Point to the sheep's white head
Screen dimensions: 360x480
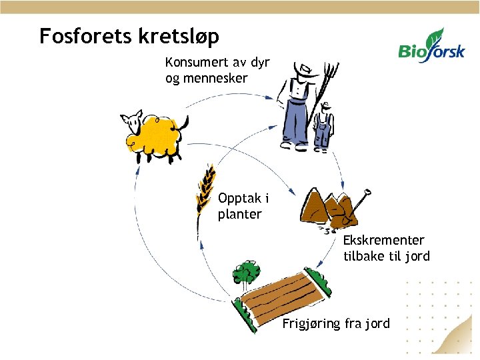(x=131, y=122)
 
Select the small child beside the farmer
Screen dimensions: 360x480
(x=323, y=127)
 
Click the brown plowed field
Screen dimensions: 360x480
(x=283, y=293)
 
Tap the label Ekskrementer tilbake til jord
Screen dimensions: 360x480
(x=386, y=248)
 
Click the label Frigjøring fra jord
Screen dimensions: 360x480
(x=336, y=324)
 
